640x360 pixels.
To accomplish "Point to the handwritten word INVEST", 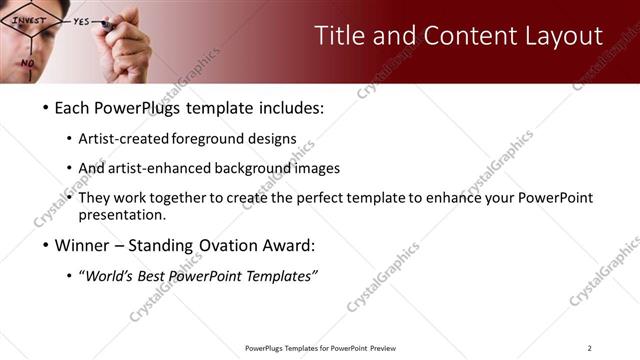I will (29, 19).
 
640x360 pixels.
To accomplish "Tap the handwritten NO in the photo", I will (27, 63).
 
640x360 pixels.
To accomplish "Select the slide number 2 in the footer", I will (590, 348).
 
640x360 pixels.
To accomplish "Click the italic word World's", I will (111, 276).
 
